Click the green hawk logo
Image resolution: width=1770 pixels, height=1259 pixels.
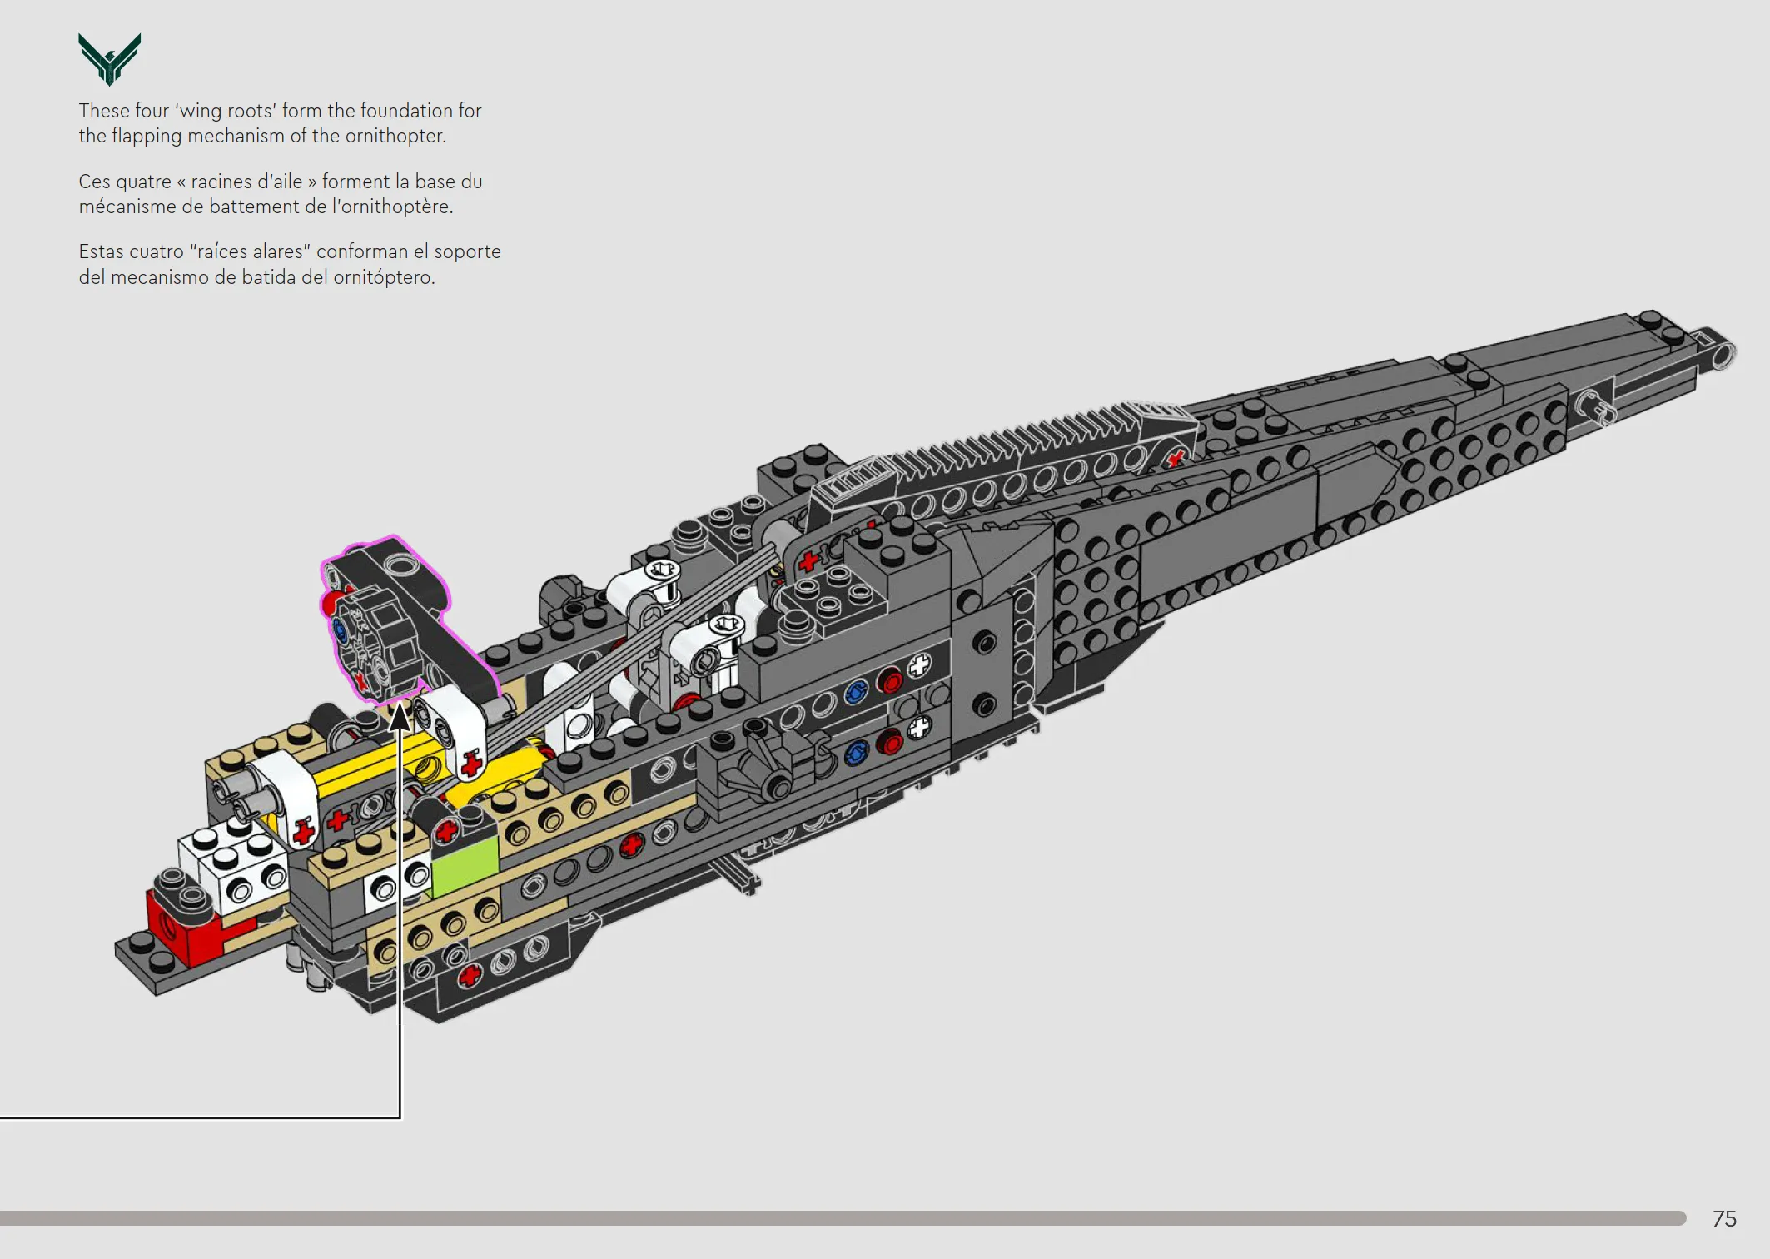109,58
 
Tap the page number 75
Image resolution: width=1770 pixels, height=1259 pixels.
1724,1219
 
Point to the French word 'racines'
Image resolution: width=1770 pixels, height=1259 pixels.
221,182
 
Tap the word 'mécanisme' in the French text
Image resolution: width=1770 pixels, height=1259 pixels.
127,207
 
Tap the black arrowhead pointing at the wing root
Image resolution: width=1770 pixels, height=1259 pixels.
400,717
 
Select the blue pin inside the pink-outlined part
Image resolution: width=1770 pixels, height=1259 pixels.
340,630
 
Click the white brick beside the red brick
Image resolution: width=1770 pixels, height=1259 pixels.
234,868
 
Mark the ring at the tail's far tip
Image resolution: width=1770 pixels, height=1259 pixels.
1723,354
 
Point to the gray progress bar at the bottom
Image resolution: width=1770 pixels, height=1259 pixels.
843,1218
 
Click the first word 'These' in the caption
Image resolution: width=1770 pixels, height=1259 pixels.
104,111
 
